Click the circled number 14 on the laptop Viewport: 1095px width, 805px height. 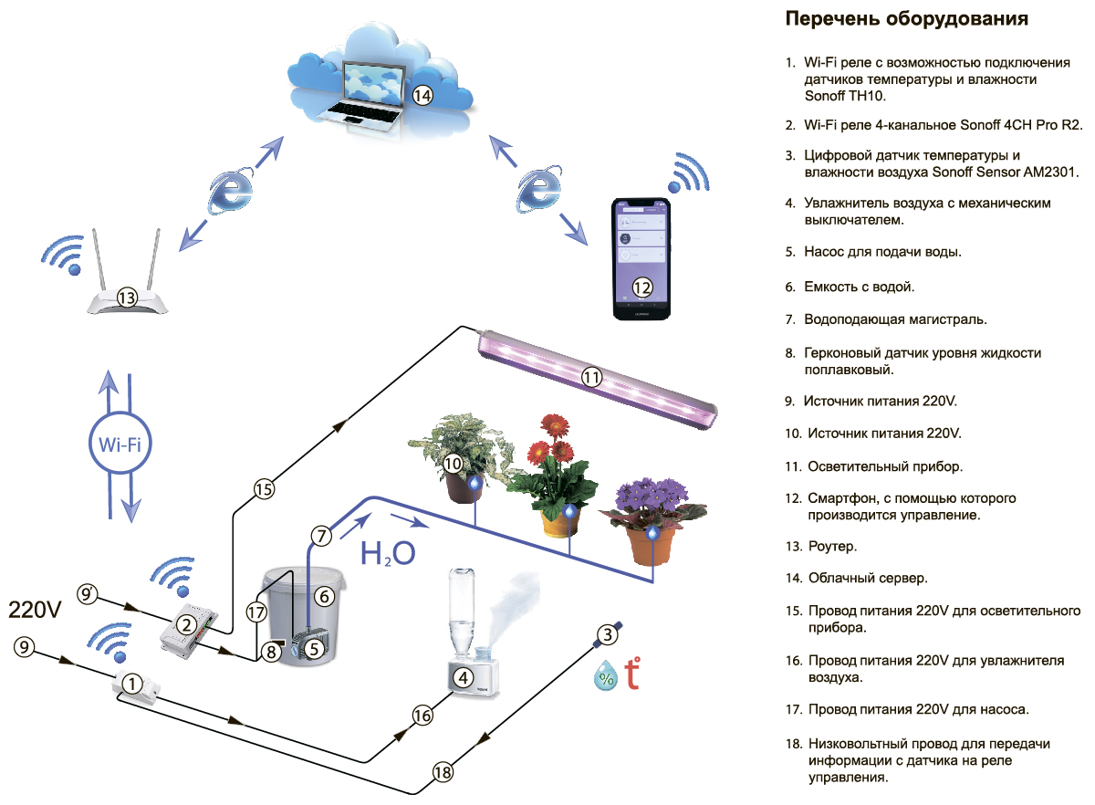coord(421,94)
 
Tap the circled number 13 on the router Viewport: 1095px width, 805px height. coord(127,297)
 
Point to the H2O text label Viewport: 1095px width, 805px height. coord(388,552)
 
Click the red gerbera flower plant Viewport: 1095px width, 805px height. coord(554,475)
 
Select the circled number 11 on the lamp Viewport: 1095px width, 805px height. coord(592,376)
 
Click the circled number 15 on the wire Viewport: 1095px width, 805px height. coord(264,489)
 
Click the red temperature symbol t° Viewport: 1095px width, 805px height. coord(631,674)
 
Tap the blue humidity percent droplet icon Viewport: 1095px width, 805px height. coord(605,677)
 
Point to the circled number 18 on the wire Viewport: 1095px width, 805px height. coord(443,772)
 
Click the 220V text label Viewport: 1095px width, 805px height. coord(35,609)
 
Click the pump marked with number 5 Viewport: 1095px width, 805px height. coord(313,648)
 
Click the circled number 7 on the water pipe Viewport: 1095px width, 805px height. coord(319,535)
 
